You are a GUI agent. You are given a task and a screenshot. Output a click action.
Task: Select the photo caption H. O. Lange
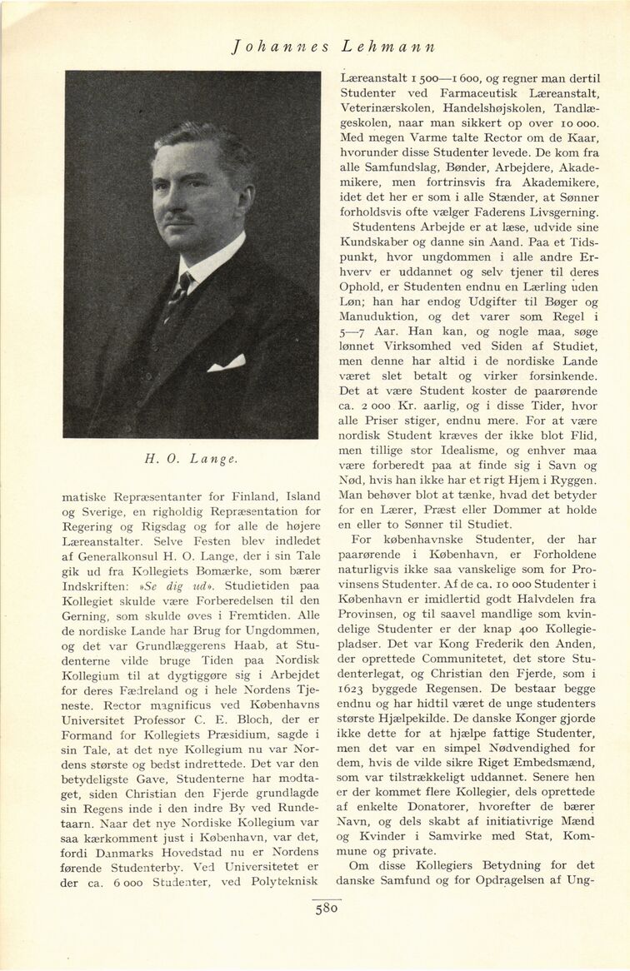(190, 457)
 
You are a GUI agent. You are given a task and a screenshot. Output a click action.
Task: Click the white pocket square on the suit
(226, 363)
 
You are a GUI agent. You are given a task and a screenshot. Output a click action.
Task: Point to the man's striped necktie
(177, 291)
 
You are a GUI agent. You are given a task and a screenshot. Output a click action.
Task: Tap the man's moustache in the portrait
(179, 219)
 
